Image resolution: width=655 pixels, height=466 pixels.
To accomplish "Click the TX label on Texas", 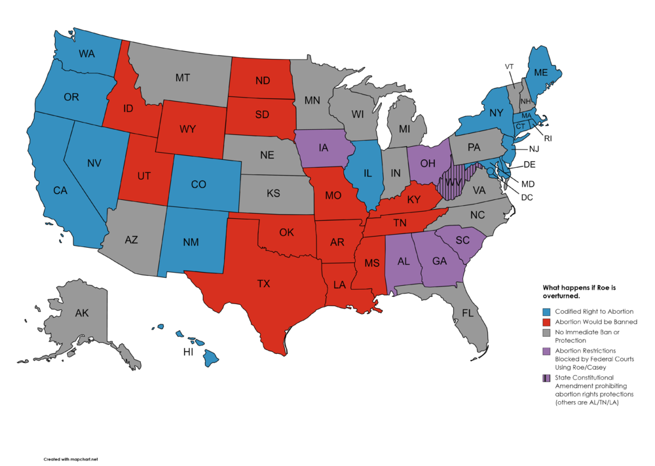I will pos(263,284).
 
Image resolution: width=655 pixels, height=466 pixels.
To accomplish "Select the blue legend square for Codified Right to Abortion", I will pos(546,311).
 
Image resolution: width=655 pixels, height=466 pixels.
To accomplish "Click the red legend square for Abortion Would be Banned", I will pos(546,322).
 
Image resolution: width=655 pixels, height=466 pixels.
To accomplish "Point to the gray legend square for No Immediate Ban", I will pos(546,334).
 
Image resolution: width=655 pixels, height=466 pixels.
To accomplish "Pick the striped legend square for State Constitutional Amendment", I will pos(546,378).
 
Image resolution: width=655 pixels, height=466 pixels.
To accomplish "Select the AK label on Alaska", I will pos(81,313).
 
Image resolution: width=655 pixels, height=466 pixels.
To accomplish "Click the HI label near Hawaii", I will pos(187,353).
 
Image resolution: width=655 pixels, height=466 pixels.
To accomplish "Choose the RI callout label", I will pos(548,138).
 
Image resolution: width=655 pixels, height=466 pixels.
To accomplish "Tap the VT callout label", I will pos(509,67).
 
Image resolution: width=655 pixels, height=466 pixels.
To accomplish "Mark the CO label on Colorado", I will pos(198,184).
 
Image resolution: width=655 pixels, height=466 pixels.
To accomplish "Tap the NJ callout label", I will pos(534,149).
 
